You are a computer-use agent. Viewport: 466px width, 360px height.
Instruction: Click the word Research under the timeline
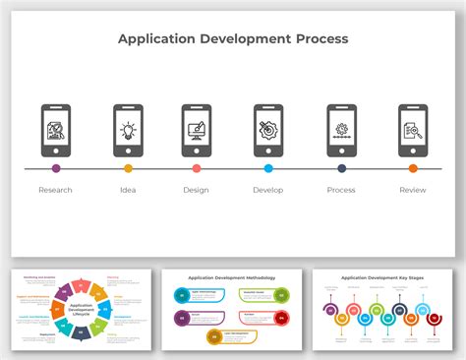pyautogui.click(x=55, y=190)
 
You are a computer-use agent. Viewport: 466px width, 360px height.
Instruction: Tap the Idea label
pyautogui.click(x=128, y=190)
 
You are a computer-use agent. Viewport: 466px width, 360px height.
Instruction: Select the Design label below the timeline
pyautogui.click(x=196, y=190)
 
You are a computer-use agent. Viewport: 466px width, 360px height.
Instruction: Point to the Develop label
pyautogui.click(x=267, y=190)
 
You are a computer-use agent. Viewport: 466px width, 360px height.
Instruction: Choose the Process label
pyautogui.click(x=341, y=190)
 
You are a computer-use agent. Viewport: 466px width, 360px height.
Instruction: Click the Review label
pyautogui.click(x=413, y=190)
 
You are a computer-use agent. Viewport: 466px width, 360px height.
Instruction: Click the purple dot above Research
pyautogui.click(x=56, y=168)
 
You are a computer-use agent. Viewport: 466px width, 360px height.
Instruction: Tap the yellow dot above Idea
pyautogui.click(x=128, y=168)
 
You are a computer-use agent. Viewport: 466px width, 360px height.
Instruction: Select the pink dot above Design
pyautogui.click(x=197, y=168)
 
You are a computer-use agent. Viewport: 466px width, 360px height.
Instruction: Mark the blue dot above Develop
pyautogui.click(x=268, y=168)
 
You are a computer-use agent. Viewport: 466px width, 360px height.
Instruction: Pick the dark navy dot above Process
pyautogui.click(x=341, y=168)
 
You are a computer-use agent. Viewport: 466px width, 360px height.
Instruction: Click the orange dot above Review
pyautogui.click(x=413, y=168)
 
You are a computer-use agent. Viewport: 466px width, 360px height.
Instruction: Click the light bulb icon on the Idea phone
pyautogui.click(x=128, y=129)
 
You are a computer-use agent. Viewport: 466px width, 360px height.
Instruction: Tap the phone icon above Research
pyautogui.click(x=56, y=130)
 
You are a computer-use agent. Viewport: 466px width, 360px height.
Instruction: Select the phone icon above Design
pyautogui.click(x=197, y=130)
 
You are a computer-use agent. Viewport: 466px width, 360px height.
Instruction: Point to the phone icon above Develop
pyautogui.click(x=268, y=130)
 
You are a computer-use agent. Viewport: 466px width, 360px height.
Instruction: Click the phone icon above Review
pyautogui.click(x=413, y=130)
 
